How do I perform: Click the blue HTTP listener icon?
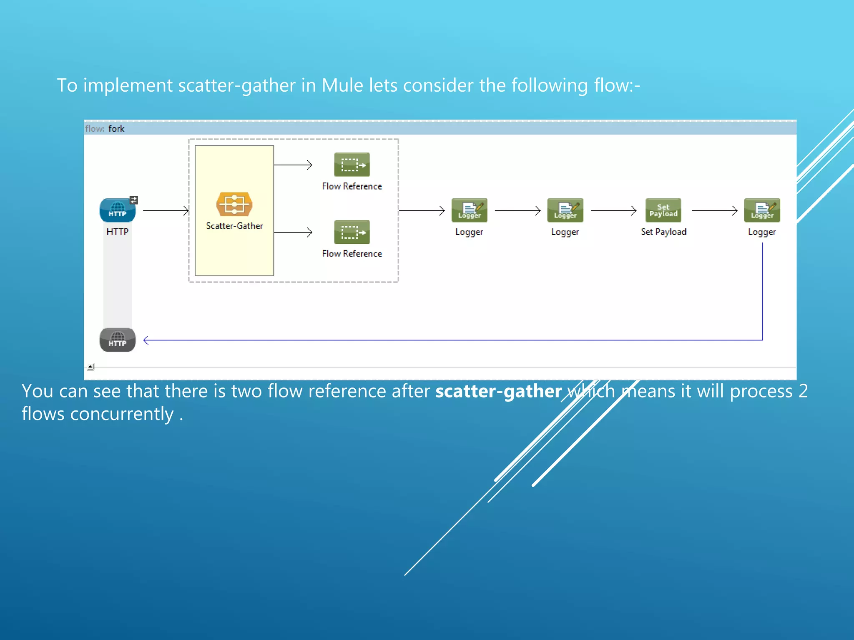click(117, 210)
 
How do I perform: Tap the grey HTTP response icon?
click(117, 340)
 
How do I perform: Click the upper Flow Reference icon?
click(352, 165)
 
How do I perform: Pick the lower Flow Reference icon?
click(352, 232)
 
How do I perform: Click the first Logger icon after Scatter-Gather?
click(469, 210)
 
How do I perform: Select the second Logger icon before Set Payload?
click(565, 210)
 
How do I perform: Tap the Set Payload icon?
click(663, 210)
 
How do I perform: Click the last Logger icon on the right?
click(762, 210)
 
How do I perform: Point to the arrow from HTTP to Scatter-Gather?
click(166, 211)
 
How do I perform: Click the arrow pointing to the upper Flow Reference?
click(293, 165)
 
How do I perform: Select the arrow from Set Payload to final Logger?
click(714, 211)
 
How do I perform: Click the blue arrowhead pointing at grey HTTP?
click(146, 340)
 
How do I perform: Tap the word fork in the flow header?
click(116, 129)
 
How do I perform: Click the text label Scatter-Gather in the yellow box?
click(234, 226)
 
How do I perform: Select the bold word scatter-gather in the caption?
click(498, 391)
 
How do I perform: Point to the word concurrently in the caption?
click(122, 414)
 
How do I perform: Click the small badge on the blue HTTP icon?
click(133, 200)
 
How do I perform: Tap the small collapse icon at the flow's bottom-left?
click(91, 367)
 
